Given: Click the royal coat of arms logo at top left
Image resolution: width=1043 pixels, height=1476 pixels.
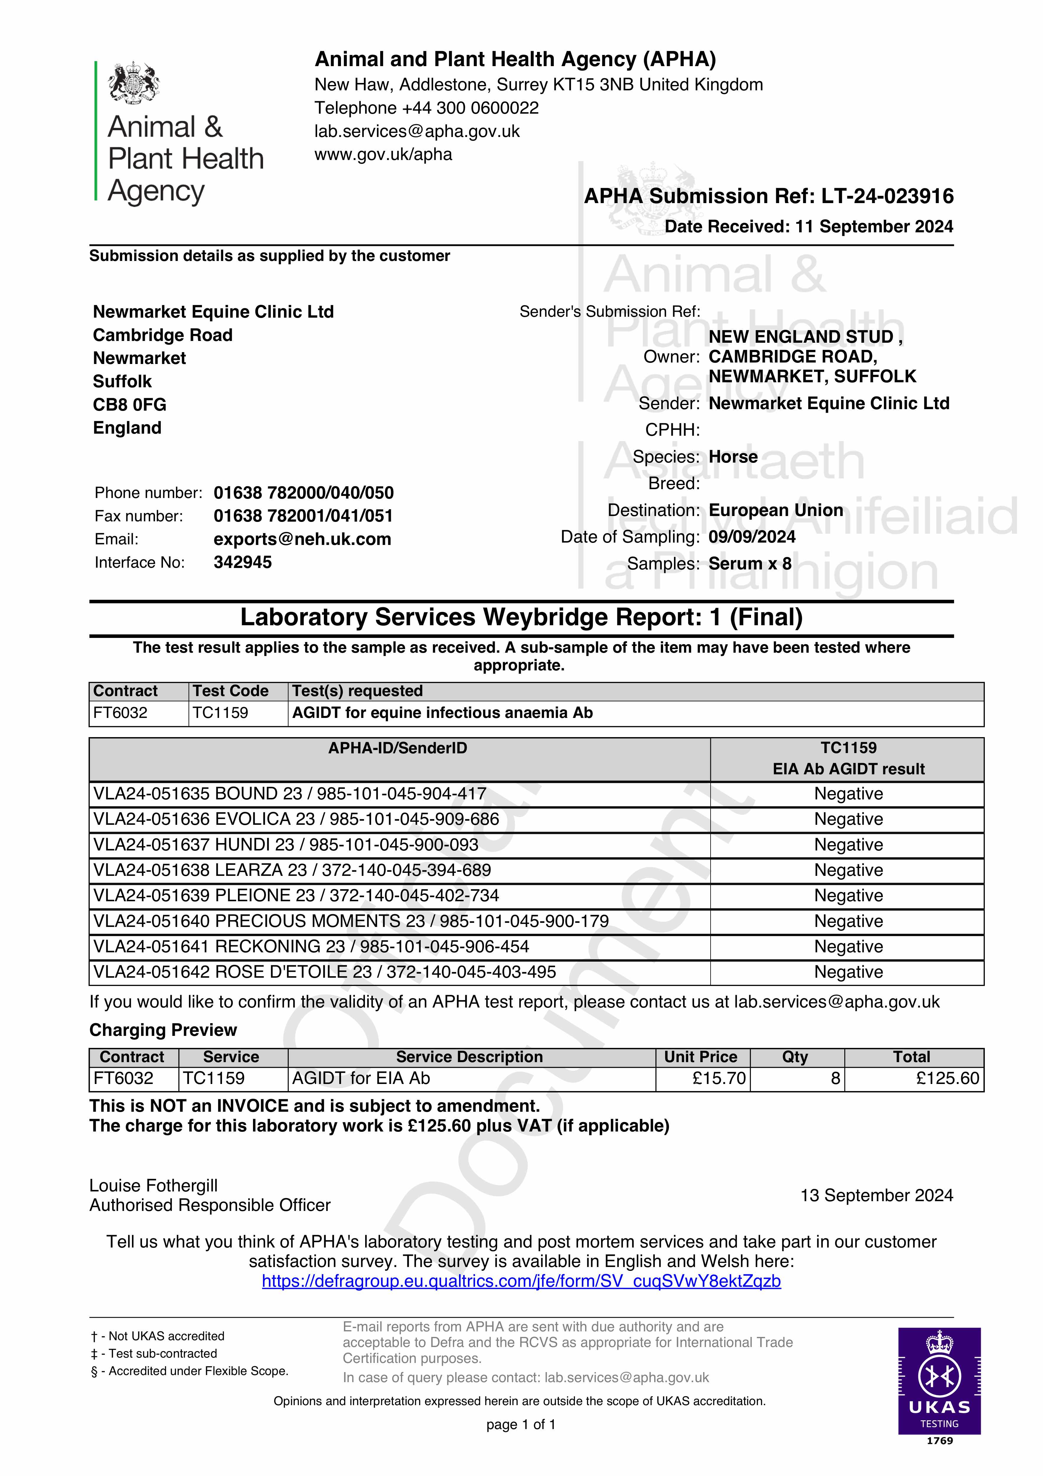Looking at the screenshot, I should (134, 82).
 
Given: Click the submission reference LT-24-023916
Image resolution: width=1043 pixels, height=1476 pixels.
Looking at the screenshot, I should (887, 196).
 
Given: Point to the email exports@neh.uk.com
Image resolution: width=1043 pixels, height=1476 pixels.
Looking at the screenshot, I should (302, 539).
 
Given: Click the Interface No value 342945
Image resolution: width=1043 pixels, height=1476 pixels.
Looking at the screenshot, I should (242, 562).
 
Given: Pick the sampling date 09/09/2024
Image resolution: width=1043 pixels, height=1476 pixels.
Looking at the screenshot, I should (752, 537).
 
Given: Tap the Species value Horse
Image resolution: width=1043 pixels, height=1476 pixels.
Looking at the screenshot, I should (733, 457).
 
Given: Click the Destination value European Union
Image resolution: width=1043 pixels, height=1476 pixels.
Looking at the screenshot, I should (776, 510).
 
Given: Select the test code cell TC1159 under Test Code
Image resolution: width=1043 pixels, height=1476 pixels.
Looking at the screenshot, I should (221, 713).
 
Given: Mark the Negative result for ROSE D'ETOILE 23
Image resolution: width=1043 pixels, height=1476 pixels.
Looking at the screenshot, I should (848, 972).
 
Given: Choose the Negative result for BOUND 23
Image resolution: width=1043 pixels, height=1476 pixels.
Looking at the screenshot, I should (848, 794).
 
